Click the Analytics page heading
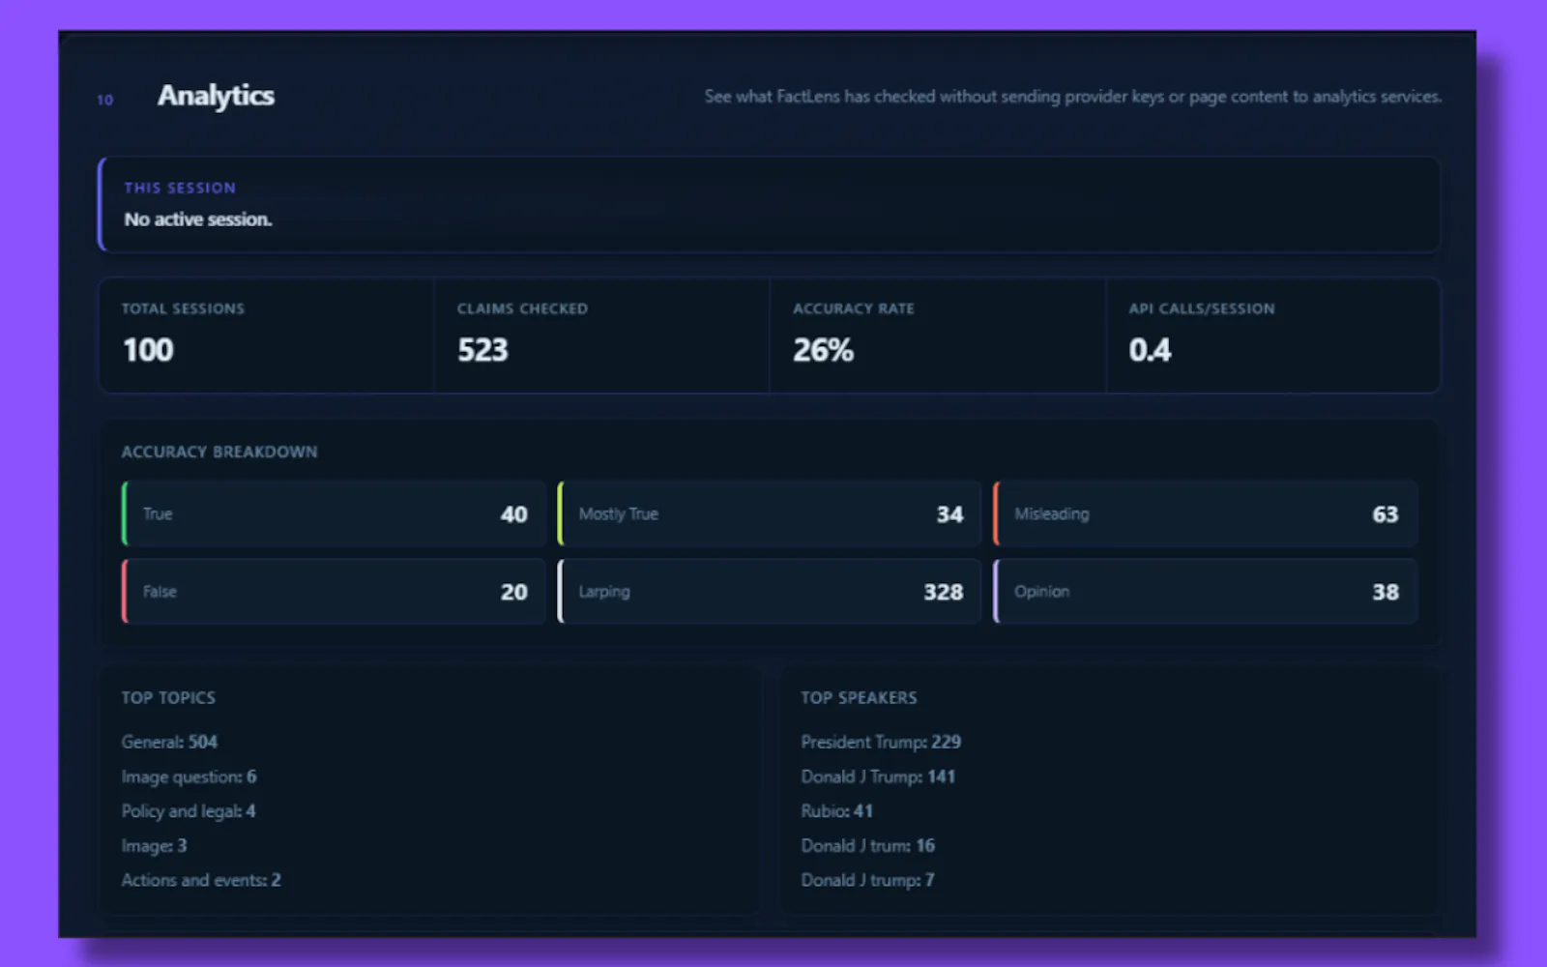[216, 96]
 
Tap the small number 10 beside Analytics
[105, 101]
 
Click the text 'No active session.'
[198, 220]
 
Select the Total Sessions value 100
[149, 349]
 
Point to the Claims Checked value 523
[482, 349]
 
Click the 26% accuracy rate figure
[823, 350]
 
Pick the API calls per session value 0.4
[1150, 350]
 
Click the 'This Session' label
[180, 188]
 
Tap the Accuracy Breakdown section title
[219, 452]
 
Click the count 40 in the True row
[513, 514]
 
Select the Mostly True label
[618, 513]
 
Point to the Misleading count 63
[1386, 514]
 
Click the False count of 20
[513, 592]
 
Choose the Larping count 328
[944, 592]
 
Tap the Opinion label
[1041, 592]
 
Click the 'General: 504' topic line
[169, 742]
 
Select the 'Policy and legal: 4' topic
[189, 811]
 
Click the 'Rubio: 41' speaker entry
[837, 811]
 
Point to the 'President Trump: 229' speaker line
[881, 742]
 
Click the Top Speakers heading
[860, 697]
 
